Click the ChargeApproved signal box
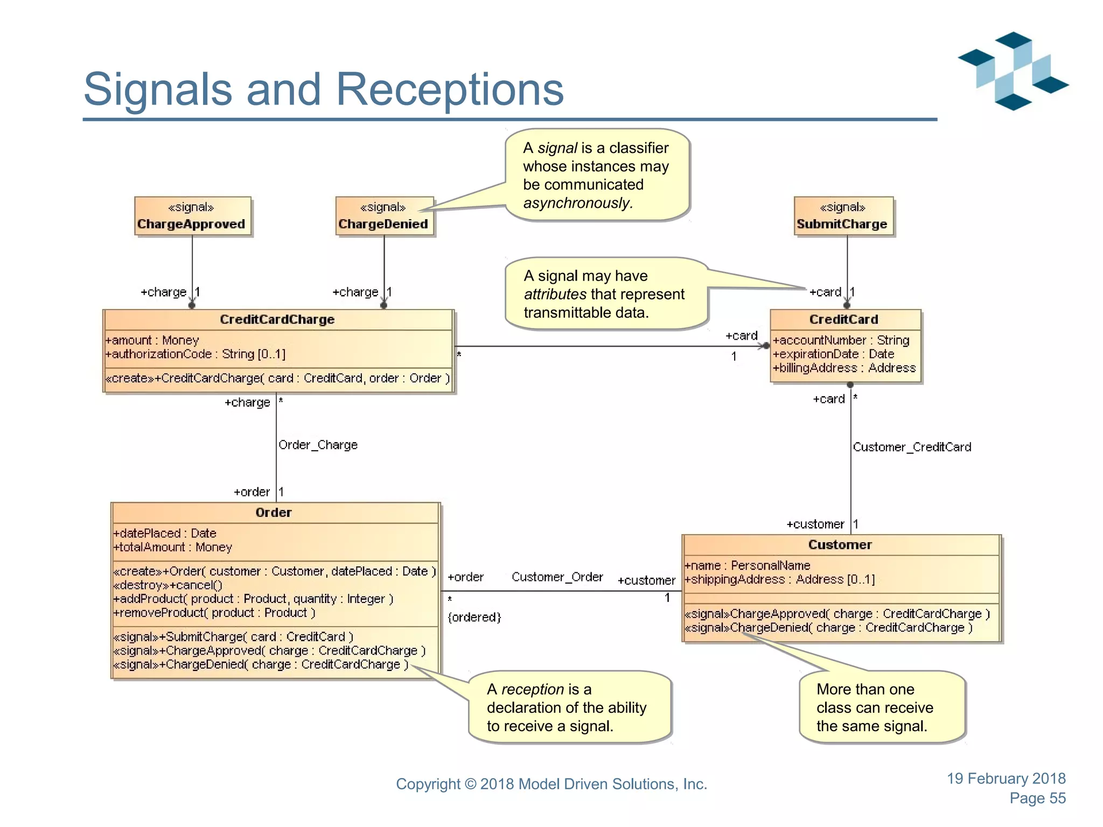[x=193, y=216]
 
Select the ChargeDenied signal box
[x=384, y=216]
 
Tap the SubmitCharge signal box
[x=843, y=216]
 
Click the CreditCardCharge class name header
[x=277, y=319]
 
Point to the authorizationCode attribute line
[x=196, y=354]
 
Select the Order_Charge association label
[x=318, y=445]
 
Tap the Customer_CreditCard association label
[x=912, y=447]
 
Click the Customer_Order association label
[x=557, y=577]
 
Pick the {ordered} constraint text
[x=474, y=617]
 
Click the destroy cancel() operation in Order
[x=167, y=585]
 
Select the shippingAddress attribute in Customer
[x=779, y=580]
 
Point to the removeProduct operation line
[x=214, y=613]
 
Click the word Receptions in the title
[x=450, y=89]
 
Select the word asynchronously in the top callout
[x=577, y=203]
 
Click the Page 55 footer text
[x=1037, y=798]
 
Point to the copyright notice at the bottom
[x=551, y=784]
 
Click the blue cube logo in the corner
[x=1013, y=71]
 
